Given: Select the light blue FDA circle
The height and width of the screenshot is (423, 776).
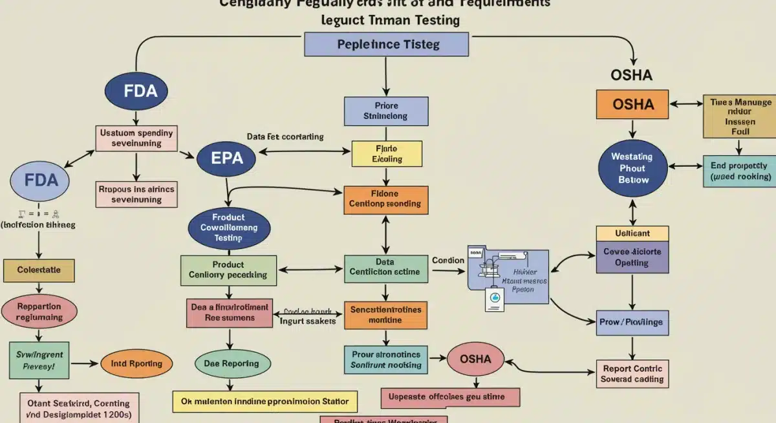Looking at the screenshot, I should pos(41,179).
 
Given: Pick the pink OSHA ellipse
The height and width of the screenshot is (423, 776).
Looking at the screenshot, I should pos(475,359).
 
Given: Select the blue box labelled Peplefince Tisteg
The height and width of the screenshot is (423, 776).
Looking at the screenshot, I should pos(386,45).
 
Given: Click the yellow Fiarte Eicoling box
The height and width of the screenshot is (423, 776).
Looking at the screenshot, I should pos(386,153).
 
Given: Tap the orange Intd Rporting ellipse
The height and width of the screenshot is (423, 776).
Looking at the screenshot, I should pos(136,364).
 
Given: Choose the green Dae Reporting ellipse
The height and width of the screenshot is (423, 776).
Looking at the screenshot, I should pos(232,364).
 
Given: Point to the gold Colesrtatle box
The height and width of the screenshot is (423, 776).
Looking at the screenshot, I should pos(38,270).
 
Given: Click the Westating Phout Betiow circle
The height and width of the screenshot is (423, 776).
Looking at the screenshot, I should pos(632,168).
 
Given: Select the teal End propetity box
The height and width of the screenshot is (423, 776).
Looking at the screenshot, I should pos(738,171).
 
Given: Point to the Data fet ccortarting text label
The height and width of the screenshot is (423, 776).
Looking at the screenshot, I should pos(285,137).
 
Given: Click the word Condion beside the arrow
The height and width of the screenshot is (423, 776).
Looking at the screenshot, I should pos(448,261).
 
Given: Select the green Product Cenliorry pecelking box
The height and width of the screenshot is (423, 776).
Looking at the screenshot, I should pos(228,270).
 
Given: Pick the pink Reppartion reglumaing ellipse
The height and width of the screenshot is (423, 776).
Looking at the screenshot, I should pos(39,312).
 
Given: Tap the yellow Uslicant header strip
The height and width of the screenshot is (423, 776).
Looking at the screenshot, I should pos(632,233).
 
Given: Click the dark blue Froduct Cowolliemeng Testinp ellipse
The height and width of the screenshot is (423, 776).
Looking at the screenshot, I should pos(229,228).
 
